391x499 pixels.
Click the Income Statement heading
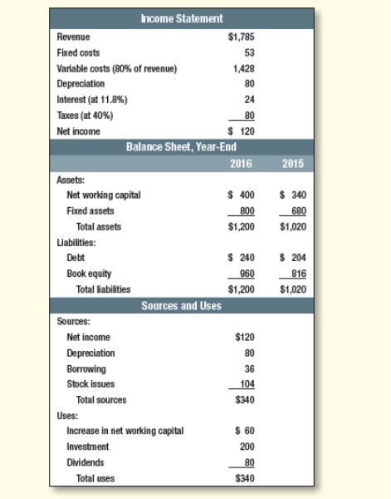pyautogui.click(x=181, y=18)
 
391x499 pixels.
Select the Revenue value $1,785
pyautogui.click(x=241, y=37)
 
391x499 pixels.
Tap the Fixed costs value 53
pyautogui.click(x=248, y=52)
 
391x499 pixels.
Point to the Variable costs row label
pyautogui.click(x=116, y=68)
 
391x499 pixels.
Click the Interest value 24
pyautogui.click(x=248, y=100)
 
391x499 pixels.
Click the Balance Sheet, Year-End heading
pyautogui.click(x=181, y=147)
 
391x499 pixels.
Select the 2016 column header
pyautogui.click(x=241, y=163)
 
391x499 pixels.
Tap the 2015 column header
pyautogui.click(x=293, y=163)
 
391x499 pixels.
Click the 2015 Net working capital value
pyautogui.click(x=294, y=195)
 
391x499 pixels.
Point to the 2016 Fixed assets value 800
pyautogui.click(x=245, y=210)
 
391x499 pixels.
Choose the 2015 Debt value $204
pyautogui.click(x=294, y=258)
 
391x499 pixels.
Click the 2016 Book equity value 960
pyautogui.click(x=245, y=274)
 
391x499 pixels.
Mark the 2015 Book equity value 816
pyautogui.click(x=297, y=274)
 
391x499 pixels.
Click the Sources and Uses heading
pyautogui.click(x=181, y=305)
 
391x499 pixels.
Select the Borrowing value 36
pyautogui.click(x=248, y=368)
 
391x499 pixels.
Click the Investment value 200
pyautogui.click(x=246, y=447)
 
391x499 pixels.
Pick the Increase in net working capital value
pyautogui.click(x=244, y=431)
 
